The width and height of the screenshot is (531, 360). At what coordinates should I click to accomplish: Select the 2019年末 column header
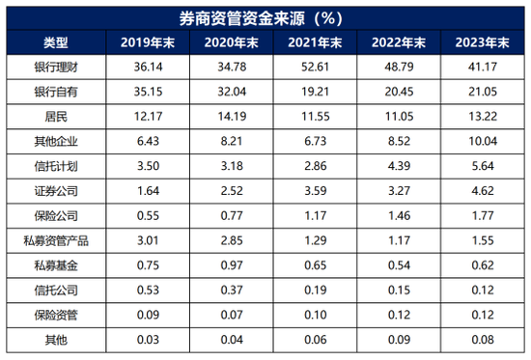(x=143, y=43)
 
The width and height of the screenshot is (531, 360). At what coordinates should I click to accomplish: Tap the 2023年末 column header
(x=483, y=43)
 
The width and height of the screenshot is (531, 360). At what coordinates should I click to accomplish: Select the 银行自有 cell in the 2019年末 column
(x=143, y=93)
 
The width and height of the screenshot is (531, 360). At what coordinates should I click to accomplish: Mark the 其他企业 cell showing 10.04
(x=483, y=141)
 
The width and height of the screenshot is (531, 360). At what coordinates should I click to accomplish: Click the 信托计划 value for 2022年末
(x=399, y=165)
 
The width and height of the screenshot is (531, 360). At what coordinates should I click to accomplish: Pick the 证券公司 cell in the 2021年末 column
(x=314, y=190)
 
